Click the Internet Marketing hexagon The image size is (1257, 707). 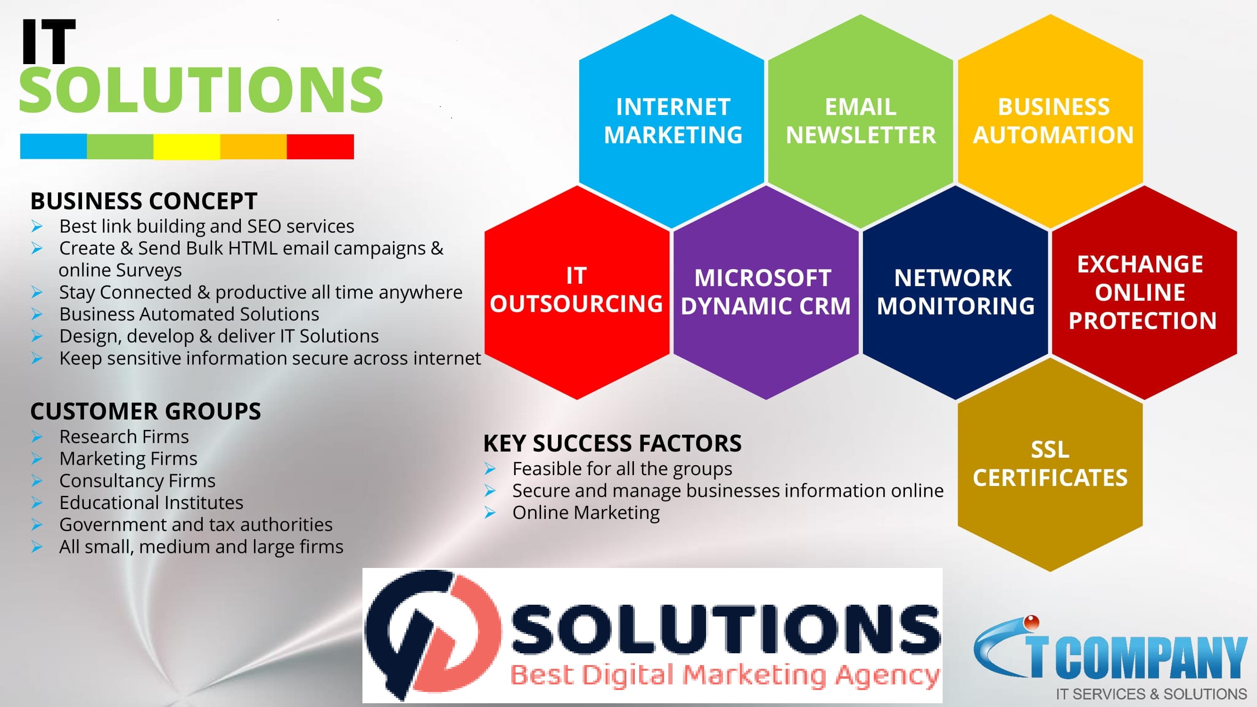(672, 121)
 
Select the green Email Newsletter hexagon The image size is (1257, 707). (860, 121)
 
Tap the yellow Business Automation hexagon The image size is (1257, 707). (1050, 121)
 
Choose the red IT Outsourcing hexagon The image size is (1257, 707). (577, 292)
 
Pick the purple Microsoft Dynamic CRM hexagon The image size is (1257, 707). (765, 292)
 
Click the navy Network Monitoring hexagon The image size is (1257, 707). (955, 292)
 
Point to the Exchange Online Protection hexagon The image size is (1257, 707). (1144, 292)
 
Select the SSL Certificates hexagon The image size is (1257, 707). (1050, 464)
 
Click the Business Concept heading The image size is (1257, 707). (143, 201)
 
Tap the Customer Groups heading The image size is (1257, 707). (146, 411)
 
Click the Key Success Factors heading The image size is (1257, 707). (612, 443)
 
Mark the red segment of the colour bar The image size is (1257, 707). (320, 147)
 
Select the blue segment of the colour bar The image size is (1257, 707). (54, 147)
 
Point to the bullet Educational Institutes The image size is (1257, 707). (151, 502)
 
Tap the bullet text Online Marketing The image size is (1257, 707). (586, 512)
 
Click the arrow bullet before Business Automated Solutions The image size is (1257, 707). (37, 314)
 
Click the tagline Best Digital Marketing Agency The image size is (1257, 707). (725, 675)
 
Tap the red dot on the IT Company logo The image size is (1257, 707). (1031, 622)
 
